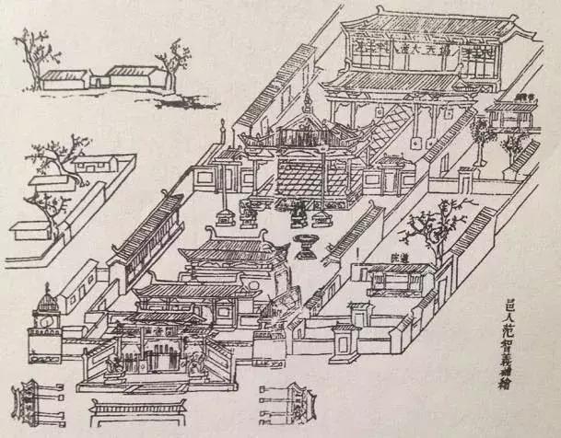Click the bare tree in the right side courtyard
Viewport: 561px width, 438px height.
[429, 225]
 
